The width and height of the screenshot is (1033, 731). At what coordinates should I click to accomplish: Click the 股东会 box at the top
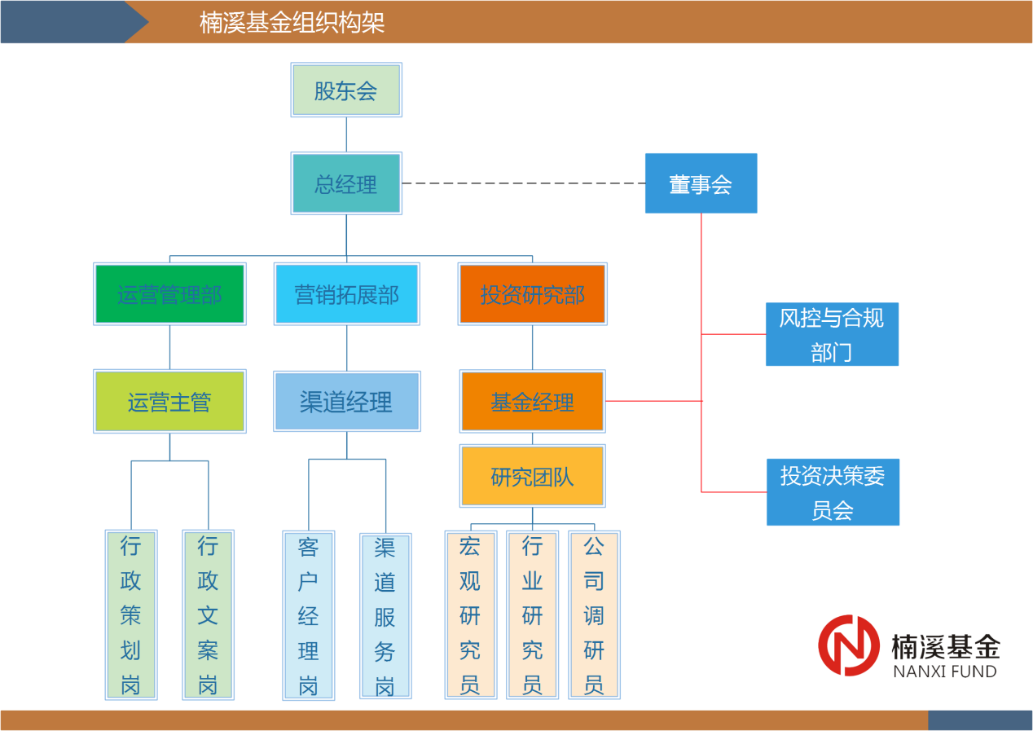pos(346,90)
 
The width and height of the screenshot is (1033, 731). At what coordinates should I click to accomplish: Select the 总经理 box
pos(346,183)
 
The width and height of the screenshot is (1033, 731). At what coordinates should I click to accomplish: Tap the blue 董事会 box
pos(701,183)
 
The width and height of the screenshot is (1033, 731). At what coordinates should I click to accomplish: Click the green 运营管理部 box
pos(169,293)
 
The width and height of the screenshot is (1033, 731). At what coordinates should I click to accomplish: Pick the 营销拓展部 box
pos(347,293)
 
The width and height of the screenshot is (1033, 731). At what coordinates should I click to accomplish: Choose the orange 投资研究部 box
pos(533,293)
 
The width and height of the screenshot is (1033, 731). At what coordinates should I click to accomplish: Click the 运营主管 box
pos(169,401)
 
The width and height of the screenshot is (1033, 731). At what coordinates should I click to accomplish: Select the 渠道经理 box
pos(347,401)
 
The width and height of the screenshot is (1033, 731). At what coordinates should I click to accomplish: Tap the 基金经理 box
pos(533,401)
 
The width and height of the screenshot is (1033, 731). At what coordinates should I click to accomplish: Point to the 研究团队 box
pos(533,476)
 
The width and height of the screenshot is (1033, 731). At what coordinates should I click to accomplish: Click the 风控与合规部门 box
pos(832,334)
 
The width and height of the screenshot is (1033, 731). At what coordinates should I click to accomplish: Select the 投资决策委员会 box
pos(833,491)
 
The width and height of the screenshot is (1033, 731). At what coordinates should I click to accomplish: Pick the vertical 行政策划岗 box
pos(131,614)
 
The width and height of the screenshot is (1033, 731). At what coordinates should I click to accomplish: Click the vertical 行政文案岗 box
pos(208,614)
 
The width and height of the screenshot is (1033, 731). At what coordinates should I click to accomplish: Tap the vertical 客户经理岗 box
pos(309,615)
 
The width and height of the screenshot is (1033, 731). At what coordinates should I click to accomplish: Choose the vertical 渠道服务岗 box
pos(385,616)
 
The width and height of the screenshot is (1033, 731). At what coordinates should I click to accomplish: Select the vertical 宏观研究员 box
pos(470,614)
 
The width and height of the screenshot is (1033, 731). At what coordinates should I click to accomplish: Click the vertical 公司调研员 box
pos(594,614)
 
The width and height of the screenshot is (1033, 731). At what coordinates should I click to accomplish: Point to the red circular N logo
pos(849,645)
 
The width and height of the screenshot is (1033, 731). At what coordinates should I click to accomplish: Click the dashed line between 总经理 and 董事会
pos(523,183)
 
